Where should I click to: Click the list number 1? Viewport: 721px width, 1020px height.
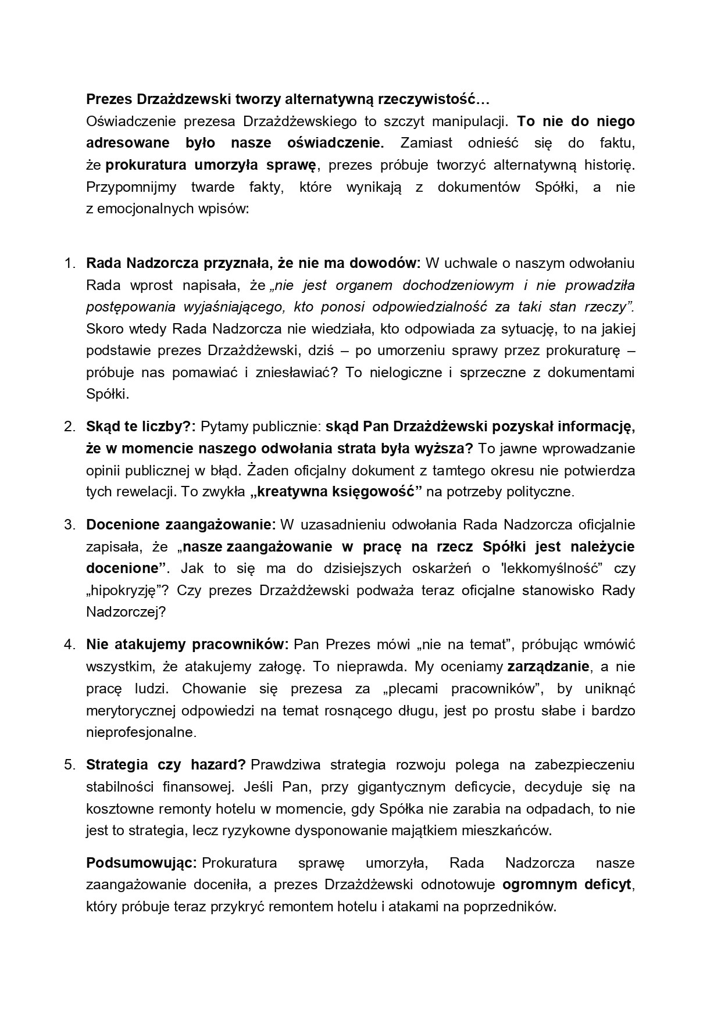pyautogui.click(x=69, y=263)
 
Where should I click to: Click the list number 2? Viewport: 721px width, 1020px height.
pyautogui.click(x=69, y=427)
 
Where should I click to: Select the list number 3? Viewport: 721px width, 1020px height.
pyautogui.click(x=69, y=525)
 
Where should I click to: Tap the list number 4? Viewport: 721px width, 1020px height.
pyautogui.click(x=69, y=645)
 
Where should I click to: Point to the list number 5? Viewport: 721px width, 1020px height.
pyautogui.click(x=69, y=765)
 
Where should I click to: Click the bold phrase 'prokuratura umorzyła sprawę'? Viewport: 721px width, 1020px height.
pyautogui.click(x=210, y=165)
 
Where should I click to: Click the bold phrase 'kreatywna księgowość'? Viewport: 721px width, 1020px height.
pyautogui.click(x=336, y=492)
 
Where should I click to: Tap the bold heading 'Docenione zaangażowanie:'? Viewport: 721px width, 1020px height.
pyautogui.click(x=181, y=525)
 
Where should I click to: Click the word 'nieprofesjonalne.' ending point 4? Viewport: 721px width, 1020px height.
pyautogui.click(x=141, y=732)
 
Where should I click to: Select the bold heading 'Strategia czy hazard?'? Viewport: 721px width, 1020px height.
pyautogui.click(x=166, y=765)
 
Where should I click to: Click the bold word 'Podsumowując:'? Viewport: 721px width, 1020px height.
pyautogui.click(x=142, y=863)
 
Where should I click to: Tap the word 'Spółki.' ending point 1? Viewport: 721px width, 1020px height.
pyautogui.click(x=107, y=394)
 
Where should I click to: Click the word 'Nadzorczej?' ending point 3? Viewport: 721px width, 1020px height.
pyautogui.click(x=126, y=612)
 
